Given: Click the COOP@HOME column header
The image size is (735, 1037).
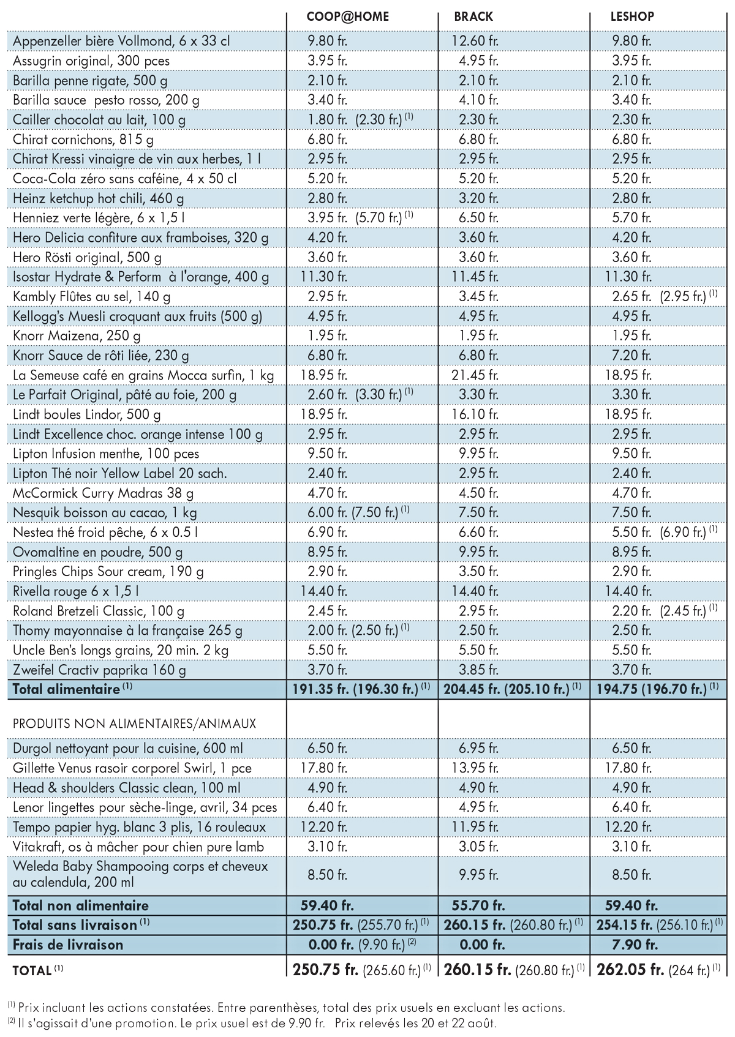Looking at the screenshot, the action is pyautogui.click(x=348, y=17).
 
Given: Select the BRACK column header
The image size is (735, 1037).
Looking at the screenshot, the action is pyautogui.click(x=473, y=17).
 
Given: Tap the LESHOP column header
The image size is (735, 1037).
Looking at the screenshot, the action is pyautogui.click(x=632, y=17).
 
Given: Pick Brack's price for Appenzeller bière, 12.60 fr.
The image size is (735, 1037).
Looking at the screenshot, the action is pyautogui.click(x=475, y=41).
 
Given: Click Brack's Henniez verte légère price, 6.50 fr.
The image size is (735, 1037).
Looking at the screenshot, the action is pyautogui.click(x=479, y=217).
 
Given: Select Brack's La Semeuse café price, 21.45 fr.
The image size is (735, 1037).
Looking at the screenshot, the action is pyautogui.click(x=475, y=375).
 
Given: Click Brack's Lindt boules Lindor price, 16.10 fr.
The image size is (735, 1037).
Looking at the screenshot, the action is pyautogui.click(x=475, y=414).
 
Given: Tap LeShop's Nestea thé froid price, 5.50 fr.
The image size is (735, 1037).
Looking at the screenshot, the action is pyautogui.click(x=631, y=532).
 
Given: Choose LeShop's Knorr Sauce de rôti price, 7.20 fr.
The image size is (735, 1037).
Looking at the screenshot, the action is pyautogui.click(x=631, y=356).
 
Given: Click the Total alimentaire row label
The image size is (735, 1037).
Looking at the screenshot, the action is pyautogui.click(x=66, y=689).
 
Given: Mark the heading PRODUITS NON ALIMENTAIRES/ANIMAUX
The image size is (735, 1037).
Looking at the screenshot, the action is pyautogui.click(x=134, y=724).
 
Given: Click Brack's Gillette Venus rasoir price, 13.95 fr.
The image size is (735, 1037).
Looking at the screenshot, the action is pyautogui.click(x=475, y=768).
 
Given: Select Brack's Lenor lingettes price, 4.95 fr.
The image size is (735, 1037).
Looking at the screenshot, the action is pyautogui.click(x=479, y=807).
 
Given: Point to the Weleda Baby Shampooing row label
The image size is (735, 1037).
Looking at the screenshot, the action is pyautogui.click(x=140, y=874).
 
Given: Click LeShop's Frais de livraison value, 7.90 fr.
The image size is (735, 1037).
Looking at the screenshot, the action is pyautogui.click(x=635, y=945).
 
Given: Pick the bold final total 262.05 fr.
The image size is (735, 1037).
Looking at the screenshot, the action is pyautogui.click(x=630, y=970).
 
